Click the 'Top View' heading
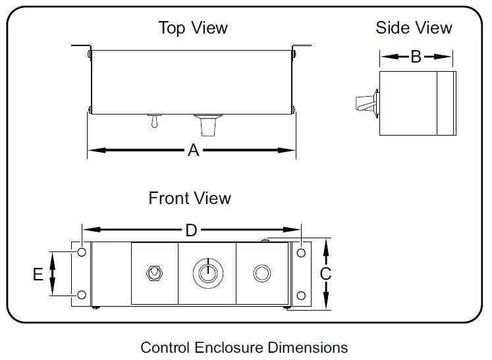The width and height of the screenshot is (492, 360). tap(193, 28)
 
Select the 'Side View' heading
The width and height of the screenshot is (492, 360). tap(414, 28)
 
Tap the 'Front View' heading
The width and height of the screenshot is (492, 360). tap(190, 198)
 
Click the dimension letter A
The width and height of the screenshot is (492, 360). tap(193, 151)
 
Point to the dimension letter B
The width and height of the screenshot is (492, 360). tap(416, 57)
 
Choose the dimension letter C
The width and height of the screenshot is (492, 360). tap(325, 274)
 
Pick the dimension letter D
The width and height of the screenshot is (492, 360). tap(191, 230)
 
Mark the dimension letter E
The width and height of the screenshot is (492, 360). tap(38, 274)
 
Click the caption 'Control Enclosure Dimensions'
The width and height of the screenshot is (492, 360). tap(244, 347)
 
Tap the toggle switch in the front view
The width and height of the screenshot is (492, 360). tap(155, 273)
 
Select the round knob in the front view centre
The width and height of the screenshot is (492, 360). tap(206, 272)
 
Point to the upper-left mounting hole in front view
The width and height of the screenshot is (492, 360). tap(81, 253)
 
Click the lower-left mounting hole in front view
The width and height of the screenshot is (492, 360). tap(81, 294)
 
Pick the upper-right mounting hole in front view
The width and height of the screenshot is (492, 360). tap(300, 253)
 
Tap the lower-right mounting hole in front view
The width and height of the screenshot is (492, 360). tap(300, 294)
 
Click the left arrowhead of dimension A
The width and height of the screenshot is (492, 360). tap(93, 151)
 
